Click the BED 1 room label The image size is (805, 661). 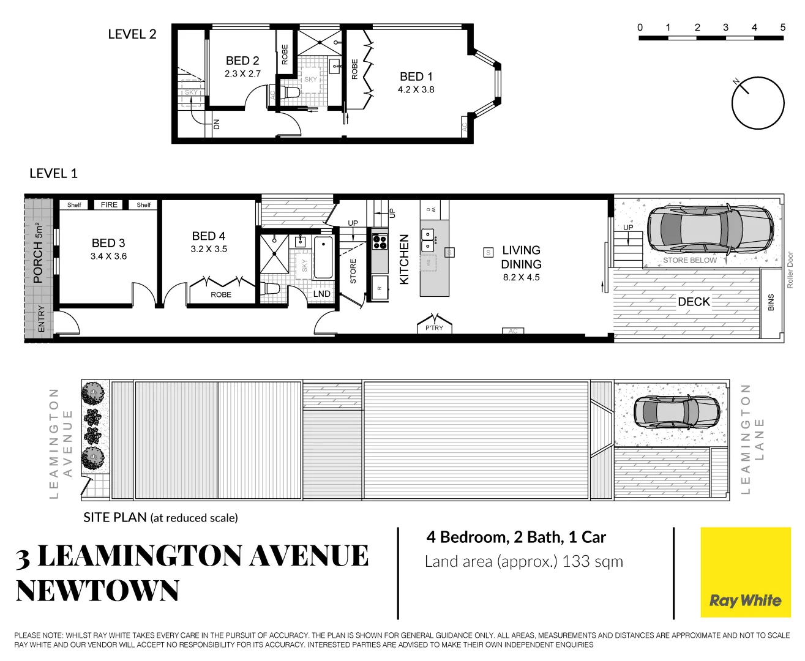pos(416,77)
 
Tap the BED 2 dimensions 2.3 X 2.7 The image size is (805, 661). pos(242,73)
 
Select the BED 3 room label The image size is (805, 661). pos(108,243)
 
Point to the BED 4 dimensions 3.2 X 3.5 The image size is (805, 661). pos(209,249)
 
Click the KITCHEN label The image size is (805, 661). pos(404,260)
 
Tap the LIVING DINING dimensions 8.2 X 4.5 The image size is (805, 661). pos(521,277)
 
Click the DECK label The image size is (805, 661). pos(694,302)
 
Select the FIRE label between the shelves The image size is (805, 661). pos(109,205)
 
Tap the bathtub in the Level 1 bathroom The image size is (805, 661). pos(323,258)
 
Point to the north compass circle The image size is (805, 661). pos(758,103)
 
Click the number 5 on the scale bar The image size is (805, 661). pos(782,28)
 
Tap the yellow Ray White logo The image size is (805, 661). pos(745,572)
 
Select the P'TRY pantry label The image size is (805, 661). pos(434,328)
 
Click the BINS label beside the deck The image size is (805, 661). pos(771,302)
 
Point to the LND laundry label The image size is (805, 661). pos(322,294)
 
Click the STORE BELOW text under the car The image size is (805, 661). pos(689,260)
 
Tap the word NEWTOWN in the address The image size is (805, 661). pos(97,591)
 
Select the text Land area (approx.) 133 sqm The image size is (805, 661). pos(523,561)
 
